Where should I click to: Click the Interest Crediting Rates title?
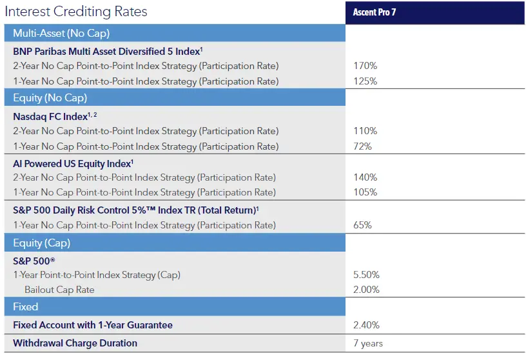click(76, 12)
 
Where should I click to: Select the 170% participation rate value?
click(365, 66)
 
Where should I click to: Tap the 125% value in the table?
click(365, 81)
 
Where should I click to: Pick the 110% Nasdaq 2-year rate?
click(365, 131)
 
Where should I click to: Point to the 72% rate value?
click(363, 146)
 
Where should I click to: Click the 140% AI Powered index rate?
click(365, 177)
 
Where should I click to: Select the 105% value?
click(365, 192)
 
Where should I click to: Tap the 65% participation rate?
click(363, 225)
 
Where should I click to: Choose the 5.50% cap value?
click(367, 275)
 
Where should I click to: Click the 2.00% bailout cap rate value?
click(367, 290)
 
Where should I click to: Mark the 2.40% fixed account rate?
click(367, 325)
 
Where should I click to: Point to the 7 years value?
click(368, 343)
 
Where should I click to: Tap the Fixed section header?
click(26, 307)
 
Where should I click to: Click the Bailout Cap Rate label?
click(59, 290)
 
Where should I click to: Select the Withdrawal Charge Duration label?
click(75, 343)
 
